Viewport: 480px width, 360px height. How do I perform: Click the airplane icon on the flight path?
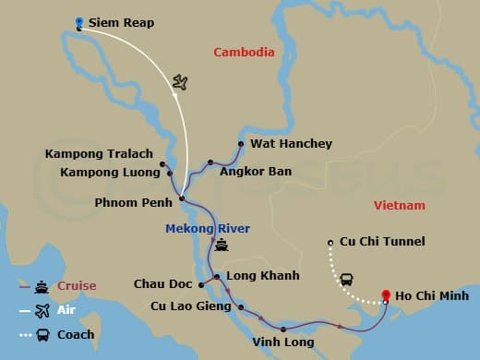pos(180,84)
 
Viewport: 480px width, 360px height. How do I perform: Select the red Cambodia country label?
pos(244,53)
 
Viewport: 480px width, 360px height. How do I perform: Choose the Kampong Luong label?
pos(107,172)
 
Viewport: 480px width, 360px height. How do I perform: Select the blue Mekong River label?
pos(208,228)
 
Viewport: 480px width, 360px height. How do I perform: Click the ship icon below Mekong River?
pos(221,246)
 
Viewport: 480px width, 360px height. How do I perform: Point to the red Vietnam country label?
pos(400,205)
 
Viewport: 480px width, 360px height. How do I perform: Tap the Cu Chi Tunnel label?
pos(381,242)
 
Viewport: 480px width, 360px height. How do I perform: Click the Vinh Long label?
pos(282,342)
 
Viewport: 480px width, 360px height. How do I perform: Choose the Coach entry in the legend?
pos(75,334)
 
